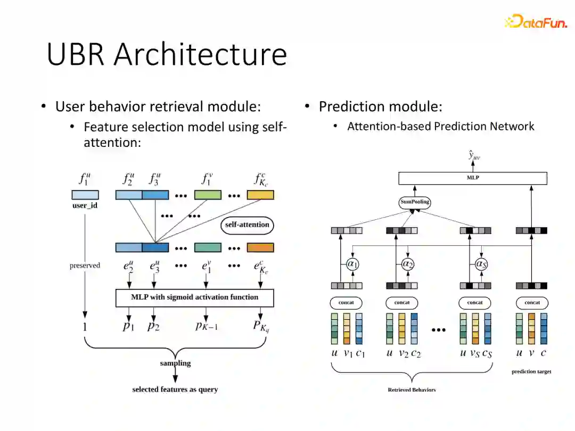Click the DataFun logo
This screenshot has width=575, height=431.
[x=535, y=21]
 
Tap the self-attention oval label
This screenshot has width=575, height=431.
[x=247, y=225]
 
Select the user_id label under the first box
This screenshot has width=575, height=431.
[x=85, y=205]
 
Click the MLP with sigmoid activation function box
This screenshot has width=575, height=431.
[x=194, y=297]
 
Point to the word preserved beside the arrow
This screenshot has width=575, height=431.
[x=85, y=265]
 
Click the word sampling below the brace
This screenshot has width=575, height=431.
[x=175, y=363]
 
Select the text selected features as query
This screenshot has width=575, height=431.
[x=175, y=389]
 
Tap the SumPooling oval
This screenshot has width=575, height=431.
[x=415, y=202]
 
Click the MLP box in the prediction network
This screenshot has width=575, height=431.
[x=473, y=178]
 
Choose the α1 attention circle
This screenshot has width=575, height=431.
[x=352, y=263]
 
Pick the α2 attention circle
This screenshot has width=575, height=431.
[x=408, y=263]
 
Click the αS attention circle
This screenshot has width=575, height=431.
[x=481, y=263]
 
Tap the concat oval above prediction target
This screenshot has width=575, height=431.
[x=532, y=303]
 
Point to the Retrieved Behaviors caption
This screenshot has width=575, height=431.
[x=412, y=390]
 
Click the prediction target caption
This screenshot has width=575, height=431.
[x=531, y=371]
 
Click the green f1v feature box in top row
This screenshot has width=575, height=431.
[x=207, y=195]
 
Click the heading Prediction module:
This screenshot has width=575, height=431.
[x=380, y=106]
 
